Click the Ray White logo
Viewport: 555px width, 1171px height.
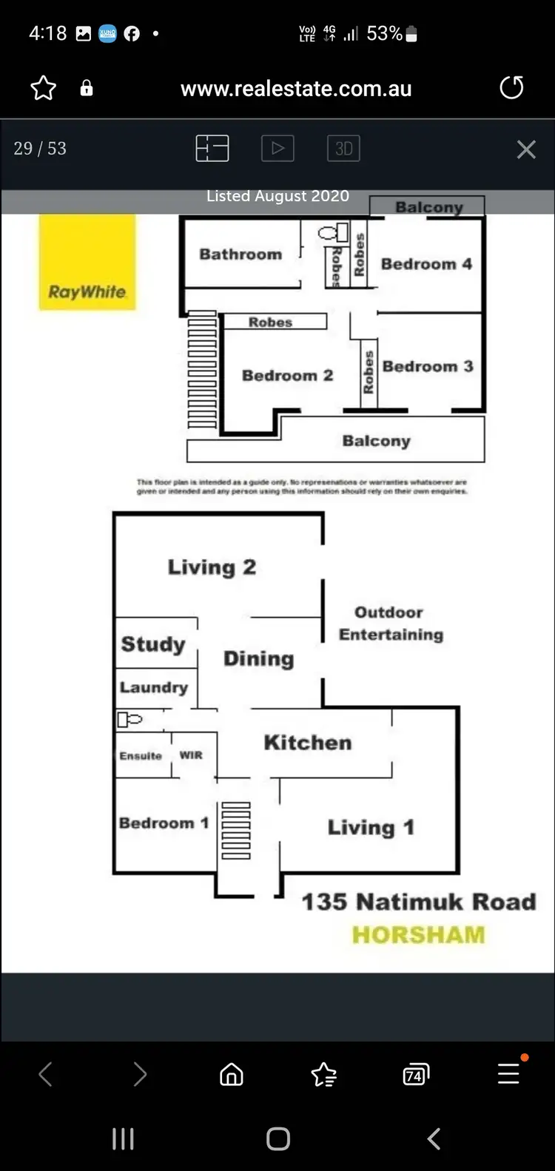click(87, 262)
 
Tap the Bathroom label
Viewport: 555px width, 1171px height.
click(240, 254)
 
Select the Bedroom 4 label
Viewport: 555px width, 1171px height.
click(426, 264)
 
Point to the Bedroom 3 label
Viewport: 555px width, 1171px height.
click(428, 366)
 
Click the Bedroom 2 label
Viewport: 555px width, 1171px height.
click(287, 376)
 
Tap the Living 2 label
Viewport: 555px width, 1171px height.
click(212, 567)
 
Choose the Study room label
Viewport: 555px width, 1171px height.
click(153, 644)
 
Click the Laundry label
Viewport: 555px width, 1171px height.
click(154, 687)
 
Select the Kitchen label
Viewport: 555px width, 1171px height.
click(308, 743)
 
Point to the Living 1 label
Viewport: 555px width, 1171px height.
click(371, 827)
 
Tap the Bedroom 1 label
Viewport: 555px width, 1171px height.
click(164, 823)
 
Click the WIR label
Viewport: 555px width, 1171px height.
click(191, 755)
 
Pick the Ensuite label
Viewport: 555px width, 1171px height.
click(141, 756)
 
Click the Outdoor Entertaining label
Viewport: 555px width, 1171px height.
click(390, 624)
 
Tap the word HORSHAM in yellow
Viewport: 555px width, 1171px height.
click(418, 935)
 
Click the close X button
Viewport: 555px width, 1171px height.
click(526, 149)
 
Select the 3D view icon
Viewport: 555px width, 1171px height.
click(343, 149)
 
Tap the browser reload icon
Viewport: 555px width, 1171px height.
click(511, 88)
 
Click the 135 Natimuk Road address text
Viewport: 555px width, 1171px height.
click(418, 902)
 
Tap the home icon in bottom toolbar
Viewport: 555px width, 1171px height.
click(232, 1074)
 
